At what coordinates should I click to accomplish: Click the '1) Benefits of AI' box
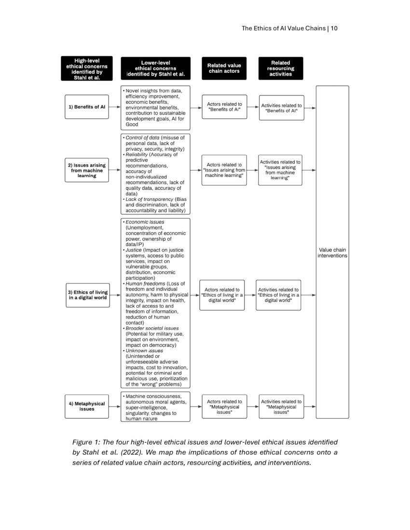[87, 107]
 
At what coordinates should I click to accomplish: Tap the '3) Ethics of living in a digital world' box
[87, 295]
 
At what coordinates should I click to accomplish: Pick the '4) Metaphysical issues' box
[87, 406]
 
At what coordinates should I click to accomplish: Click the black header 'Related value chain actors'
[224, 68]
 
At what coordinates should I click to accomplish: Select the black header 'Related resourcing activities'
[281, 68]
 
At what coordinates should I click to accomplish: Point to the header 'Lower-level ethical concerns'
[155, 68]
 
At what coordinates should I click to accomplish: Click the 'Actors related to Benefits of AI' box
[224, 107]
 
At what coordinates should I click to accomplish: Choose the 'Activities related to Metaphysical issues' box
[281, 407]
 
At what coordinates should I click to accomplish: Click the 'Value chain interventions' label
[332, 252]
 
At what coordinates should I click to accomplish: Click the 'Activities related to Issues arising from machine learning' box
[281, 170]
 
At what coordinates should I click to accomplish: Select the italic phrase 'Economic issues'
[145, 222]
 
